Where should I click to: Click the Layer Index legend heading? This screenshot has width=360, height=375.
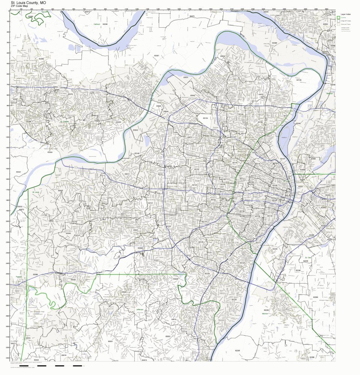click(345, 13)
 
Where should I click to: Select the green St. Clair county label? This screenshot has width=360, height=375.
click(308, 258)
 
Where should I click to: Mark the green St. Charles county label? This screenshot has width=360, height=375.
click(65, 121)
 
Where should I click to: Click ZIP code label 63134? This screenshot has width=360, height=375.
click(205, 118)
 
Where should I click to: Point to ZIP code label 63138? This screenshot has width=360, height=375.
click(299, 80)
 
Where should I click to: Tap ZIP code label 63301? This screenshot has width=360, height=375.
click(157, 55)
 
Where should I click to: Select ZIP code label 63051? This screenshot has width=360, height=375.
click(110, 342)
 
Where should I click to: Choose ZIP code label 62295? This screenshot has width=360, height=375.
click(237, 350)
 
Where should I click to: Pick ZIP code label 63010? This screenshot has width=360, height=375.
click(173, 319)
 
